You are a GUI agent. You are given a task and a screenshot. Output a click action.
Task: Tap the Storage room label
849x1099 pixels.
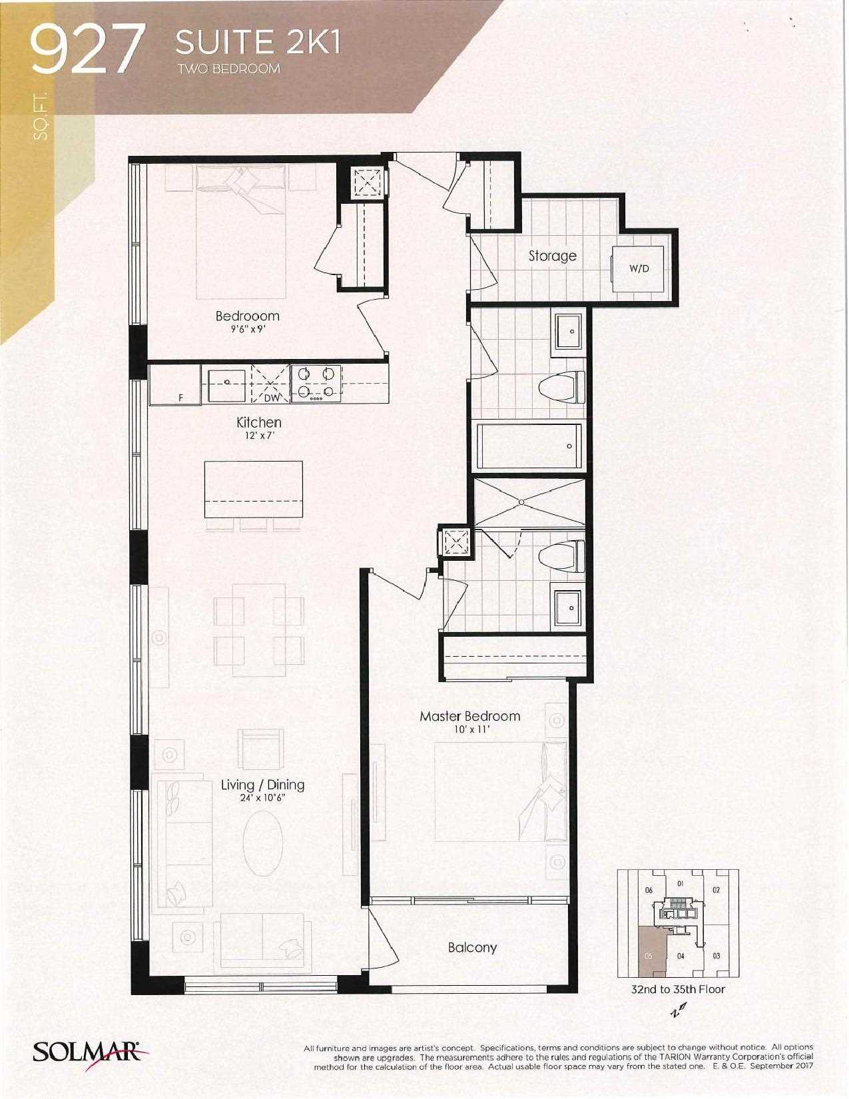552,255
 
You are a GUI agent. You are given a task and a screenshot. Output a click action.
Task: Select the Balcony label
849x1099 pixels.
472,947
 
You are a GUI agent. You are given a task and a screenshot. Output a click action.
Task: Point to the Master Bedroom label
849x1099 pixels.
469,716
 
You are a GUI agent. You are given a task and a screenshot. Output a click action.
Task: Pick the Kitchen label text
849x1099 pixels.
259,422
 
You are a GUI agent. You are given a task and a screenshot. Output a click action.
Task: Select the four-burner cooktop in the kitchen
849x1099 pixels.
316,384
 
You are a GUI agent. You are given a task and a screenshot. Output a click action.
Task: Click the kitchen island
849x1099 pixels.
253,489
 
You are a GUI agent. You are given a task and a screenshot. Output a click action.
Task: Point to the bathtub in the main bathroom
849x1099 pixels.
529,446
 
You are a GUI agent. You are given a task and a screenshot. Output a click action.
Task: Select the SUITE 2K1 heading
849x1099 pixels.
258,43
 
